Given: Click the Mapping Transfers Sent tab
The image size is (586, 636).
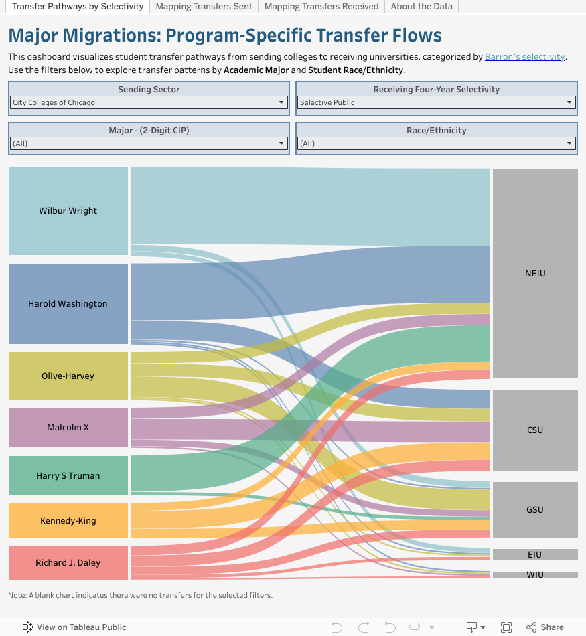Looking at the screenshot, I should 204,7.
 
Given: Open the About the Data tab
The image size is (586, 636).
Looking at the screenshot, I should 421,7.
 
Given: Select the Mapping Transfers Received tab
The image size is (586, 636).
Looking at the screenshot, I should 321,7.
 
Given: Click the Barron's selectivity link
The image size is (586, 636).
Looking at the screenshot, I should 525,57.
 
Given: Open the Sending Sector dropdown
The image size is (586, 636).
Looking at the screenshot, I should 149,103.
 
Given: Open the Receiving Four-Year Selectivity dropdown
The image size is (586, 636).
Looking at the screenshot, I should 436,103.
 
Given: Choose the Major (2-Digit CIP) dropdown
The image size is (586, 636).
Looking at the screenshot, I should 149,143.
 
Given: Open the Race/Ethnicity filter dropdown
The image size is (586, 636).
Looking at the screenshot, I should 436,143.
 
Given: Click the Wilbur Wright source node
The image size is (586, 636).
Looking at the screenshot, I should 68,211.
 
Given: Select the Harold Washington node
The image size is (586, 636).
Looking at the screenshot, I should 68,304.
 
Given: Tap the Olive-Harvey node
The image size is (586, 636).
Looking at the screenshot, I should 68,376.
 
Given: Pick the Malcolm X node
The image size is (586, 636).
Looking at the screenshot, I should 68,427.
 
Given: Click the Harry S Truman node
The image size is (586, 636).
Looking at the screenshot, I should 68,475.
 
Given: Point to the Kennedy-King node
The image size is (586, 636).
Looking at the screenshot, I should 68,521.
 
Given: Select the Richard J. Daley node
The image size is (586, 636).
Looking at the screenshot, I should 68,563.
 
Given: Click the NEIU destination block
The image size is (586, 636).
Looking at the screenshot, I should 535,274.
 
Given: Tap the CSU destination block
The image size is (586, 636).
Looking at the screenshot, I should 535,430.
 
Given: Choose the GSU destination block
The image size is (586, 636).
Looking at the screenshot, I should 535,509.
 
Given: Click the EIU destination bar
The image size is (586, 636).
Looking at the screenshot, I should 535,555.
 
